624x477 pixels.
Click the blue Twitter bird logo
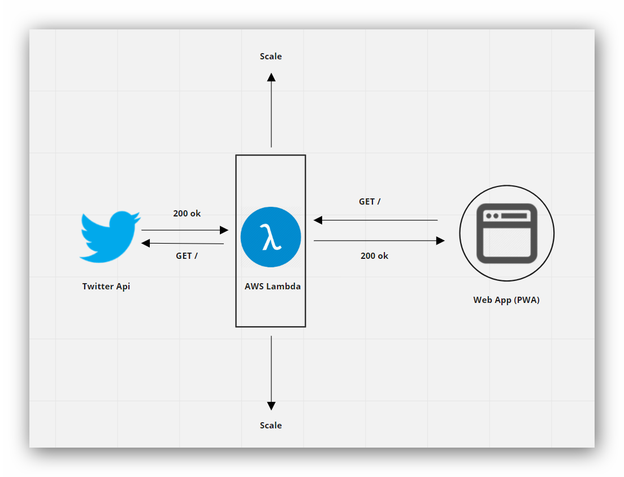(x=109, y=236)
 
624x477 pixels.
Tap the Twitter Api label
(x=106, y=286)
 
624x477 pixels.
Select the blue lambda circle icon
(x=271, y=237)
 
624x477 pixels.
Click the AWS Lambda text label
(x=272, y=286)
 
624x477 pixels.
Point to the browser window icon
(x=506, y=233)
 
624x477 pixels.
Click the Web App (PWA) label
(x=506, y=300)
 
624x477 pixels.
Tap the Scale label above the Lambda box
(x=271, y=57)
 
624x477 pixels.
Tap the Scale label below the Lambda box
(x=271, y=426)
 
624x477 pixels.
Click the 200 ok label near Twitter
(x=187, y=214)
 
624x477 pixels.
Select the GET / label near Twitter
(x=187, y=255)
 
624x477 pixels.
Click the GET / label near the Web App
(x=370, y=201)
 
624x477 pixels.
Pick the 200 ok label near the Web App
(x=374, y=255)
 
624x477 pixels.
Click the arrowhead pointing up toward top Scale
(x=271, y=77)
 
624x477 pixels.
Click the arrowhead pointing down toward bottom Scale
(x=271, y=406)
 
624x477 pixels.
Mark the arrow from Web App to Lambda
(x=376, y=220)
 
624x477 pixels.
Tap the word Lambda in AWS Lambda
(x=283, y=286)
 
